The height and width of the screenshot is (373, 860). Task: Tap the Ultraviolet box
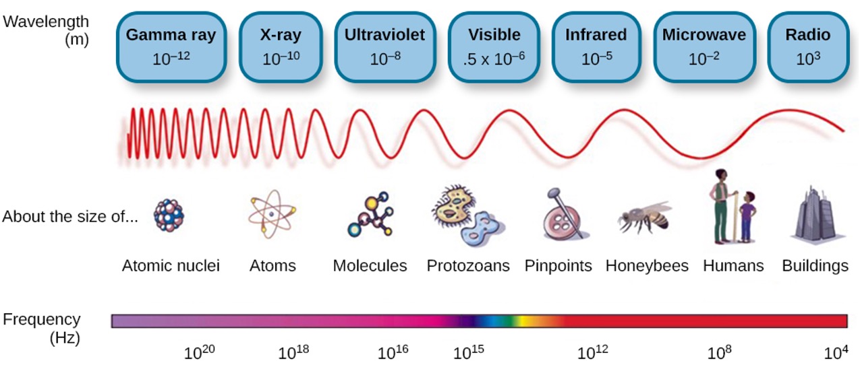(384, 46)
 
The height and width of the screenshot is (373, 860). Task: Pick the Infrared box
(596, 46)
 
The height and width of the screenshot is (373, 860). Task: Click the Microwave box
(704, 46)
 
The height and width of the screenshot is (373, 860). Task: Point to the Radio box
(808, 46)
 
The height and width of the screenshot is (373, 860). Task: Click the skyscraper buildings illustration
(815, 214)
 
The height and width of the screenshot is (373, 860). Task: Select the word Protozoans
(468, 266)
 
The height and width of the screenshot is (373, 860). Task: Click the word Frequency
(42, 320)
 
